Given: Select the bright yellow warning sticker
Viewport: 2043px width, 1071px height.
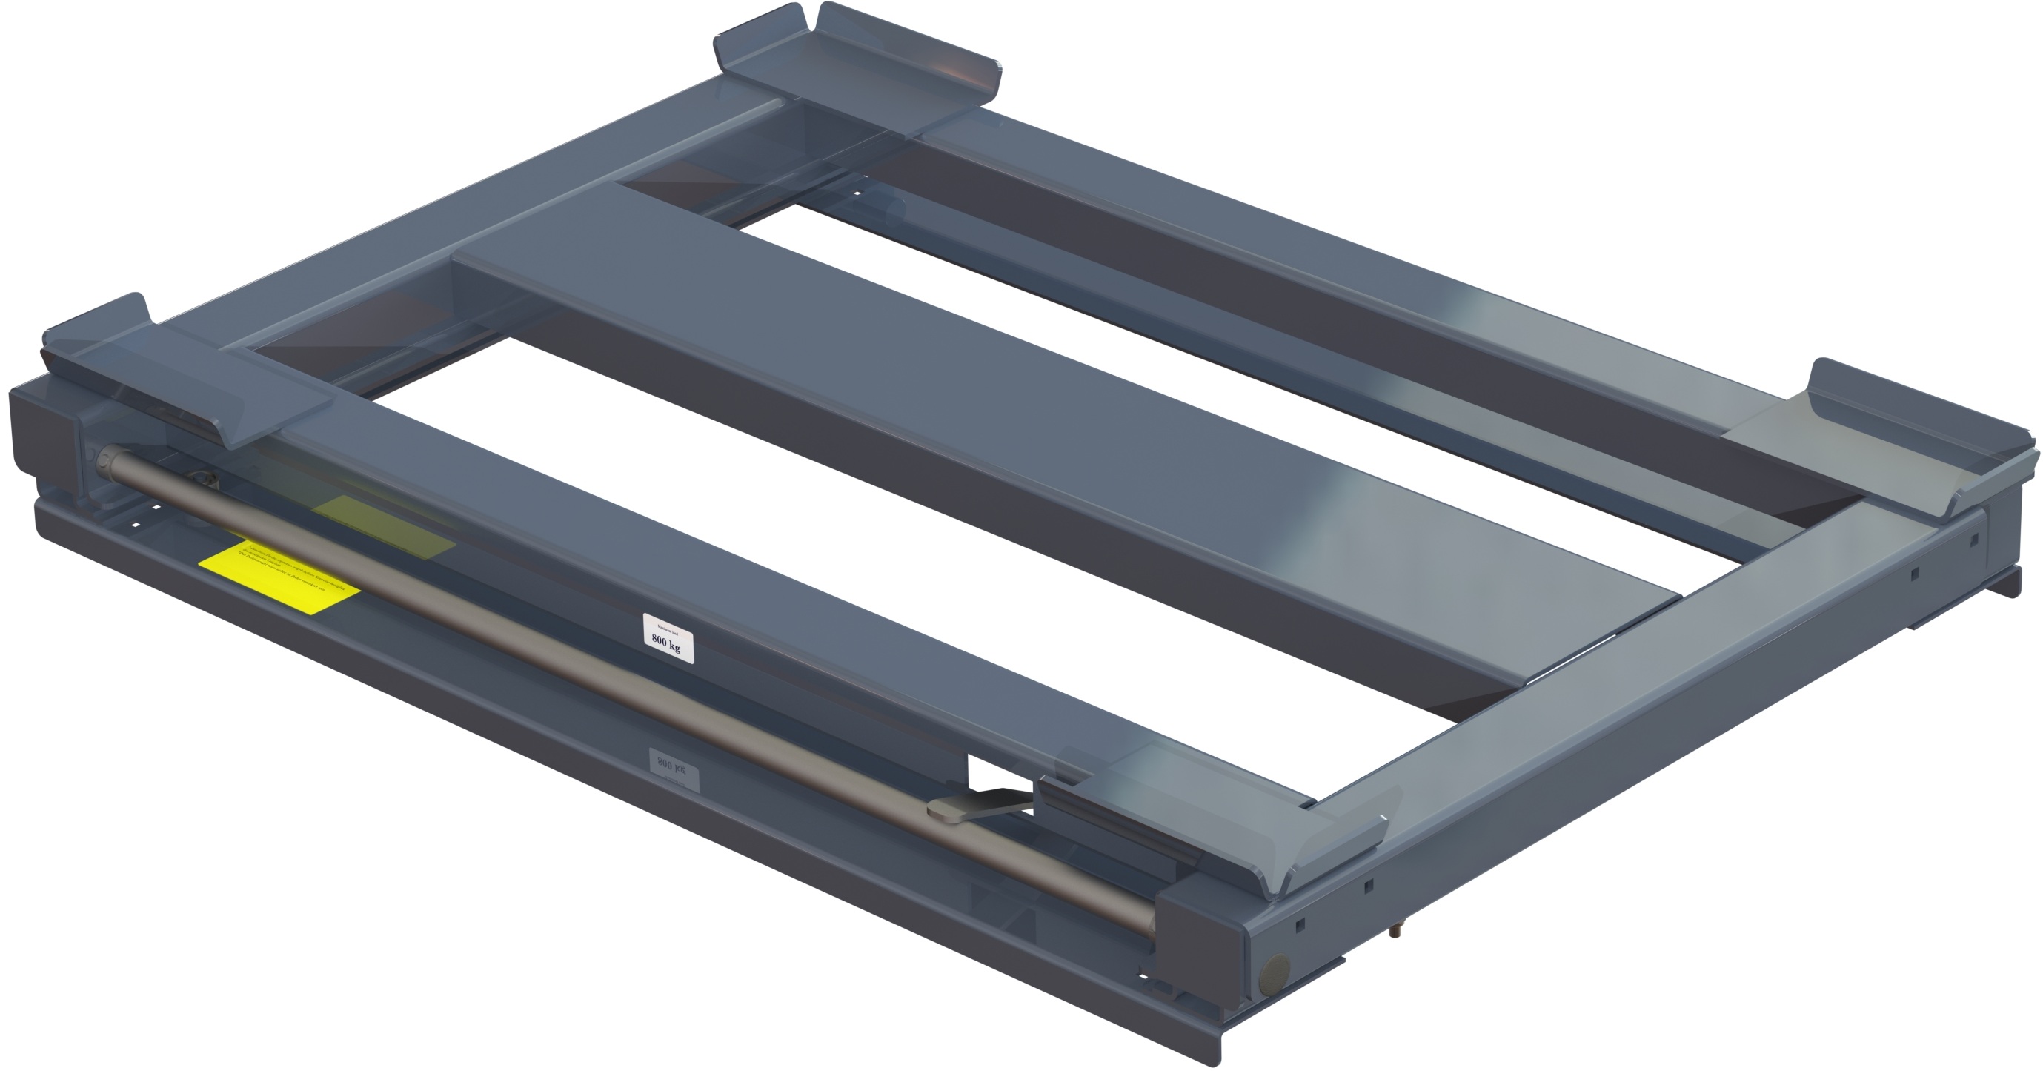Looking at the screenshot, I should pyautogui.click(x=279, y=578).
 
